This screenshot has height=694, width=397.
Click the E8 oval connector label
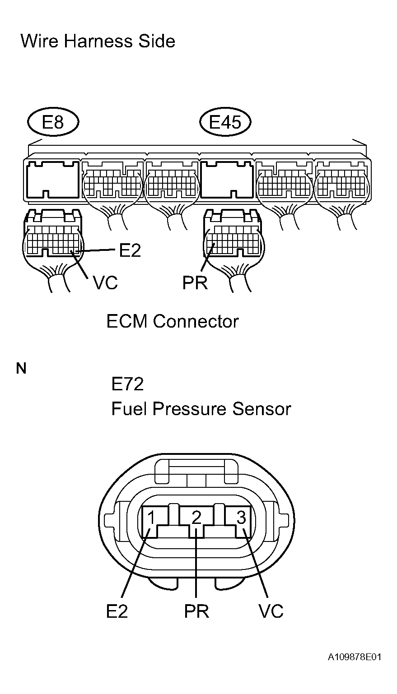53,122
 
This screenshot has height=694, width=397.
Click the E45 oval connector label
225,122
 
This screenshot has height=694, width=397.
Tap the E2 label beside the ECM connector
130,250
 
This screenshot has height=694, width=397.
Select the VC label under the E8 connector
105,282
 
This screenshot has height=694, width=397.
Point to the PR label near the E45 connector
195,282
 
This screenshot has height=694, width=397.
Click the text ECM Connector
173,321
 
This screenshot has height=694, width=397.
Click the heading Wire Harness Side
98,41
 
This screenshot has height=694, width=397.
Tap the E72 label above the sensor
127,384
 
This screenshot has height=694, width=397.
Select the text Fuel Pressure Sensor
201,409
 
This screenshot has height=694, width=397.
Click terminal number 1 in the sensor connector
151,518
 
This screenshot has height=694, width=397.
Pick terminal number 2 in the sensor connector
196,518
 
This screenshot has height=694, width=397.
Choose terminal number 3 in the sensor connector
241,518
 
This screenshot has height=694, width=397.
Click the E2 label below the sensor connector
117,611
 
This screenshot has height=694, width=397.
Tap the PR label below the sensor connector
196,611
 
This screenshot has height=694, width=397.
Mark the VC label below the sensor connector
271,611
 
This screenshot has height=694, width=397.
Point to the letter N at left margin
21,368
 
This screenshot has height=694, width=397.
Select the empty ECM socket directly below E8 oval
53,180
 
